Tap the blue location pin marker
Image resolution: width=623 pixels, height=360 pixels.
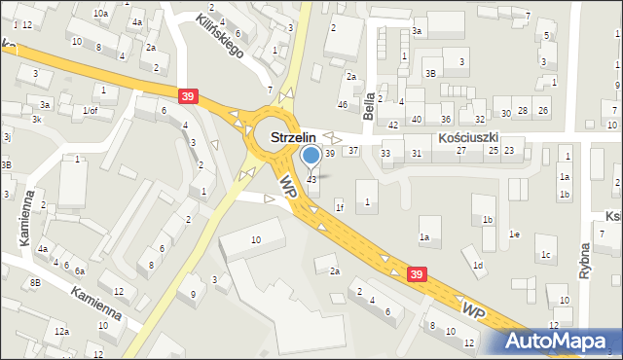pyautogui.click(x=311, y=156)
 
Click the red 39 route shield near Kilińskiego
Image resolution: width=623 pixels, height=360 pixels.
pyautogui.click(x=189, y=94)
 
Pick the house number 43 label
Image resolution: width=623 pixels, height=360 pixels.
pyautogui.click(x=311, y=179)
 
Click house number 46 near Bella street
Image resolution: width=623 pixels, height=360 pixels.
pyautogui.click(x=342, y=104)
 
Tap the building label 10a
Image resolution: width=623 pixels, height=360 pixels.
pyautogui.click(x=100, y=14)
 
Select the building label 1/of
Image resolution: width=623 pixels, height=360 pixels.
pyautogui.click(x=91, y=110)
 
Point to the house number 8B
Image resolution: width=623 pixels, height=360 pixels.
pyautogui.click(x=35, y=282)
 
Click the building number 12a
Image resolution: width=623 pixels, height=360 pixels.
pyautogui.click(x=62, y=332)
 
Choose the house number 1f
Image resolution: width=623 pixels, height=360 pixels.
pyautogui.click(x=339, y=207)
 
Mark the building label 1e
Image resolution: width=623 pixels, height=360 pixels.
pyautogui.click(x=514, y=234)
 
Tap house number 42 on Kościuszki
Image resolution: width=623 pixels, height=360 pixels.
pyautogui.click(x=393, y=125)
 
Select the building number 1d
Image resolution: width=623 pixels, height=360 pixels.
pyautogui.click(x=477, y=265)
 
